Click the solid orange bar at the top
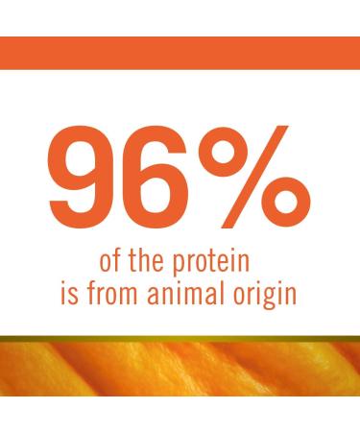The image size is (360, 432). coord(180,52)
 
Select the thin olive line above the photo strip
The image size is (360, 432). coord(180,337)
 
